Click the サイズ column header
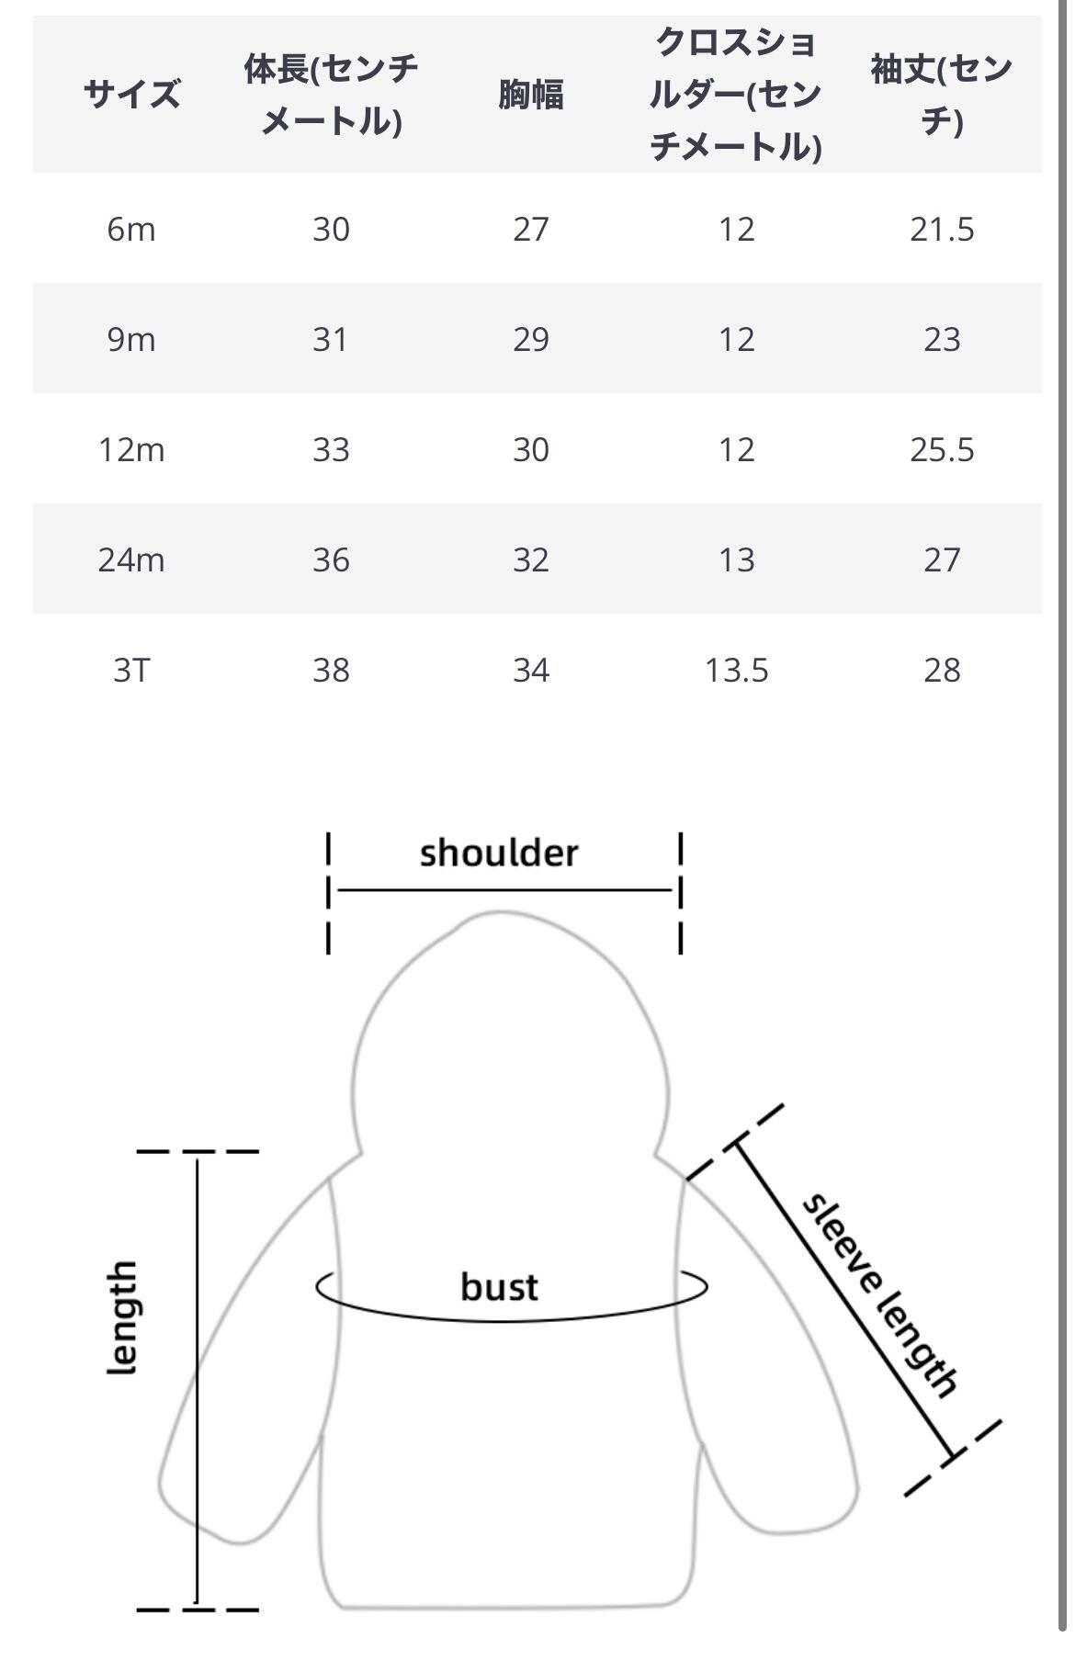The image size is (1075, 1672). pyautogui.click(x=131, y=94)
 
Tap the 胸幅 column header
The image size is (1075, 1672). pyautogui.click(x=531, y=94)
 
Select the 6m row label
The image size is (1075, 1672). pyautogui.click(x=131, y=229)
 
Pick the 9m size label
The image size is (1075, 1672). pyautogui.click(x=131, y=339)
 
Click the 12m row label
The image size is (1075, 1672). pyautogui.click(x=131, y=449)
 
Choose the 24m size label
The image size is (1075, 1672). pyautogui.click(x=131, y=559)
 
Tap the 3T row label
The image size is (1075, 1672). pyautogui.click(x=131, y=670)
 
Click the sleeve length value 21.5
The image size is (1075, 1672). pyautogui.click(x=942, y=229)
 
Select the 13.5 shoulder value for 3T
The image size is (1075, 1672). pyautogui.click(x=736, y=670)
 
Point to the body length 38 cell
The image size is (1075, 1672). pyautogui.click(x=331, y=670)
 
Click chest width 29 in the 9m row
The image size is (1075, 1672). pyautogui.click(x=531, y=339)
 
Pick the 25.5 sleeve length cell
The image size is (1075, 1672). pyautogui.click(x=942, y=449)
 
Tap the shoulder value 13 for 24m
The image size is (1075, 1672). pyautogui.click(x=736, y=559)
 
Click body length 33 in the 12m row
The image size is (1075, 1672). pyautogui.click(x=331, y=449)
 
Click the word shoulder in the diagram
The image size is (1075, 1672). pyautogui.click(x=499, y=853)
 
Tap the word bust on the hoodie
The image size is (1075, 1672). pyautogui.click(x=499, y=1286)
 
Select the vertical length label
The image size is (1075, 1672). pyautogui.click(x=122, y=1318)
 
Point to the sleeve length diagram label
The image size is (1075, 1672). pyautogui.click(x=879, y=1295)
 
